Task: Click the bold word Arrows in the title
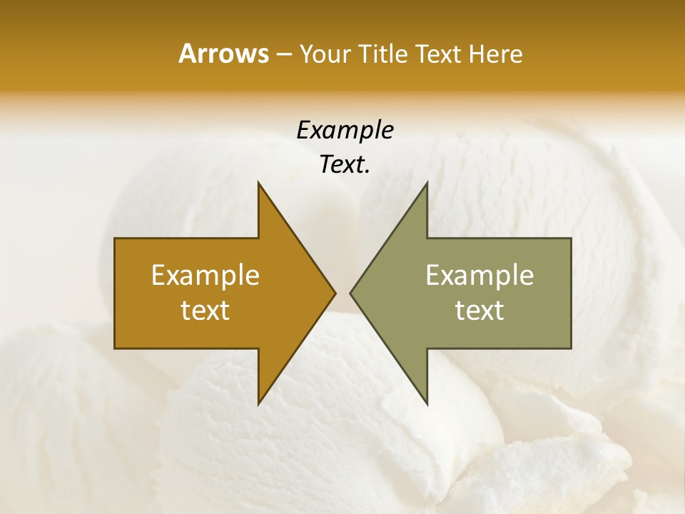tap(223, 54)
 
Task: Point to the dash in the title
tap(283, 55)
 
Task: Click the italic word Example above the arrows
tap(345, 131)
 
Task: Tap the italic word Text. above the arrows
tap(345, 165)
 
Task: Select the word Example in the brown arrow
tap(205, 276)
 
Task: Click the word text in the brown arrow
tap(205, 311)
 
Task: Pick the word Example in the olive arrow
tap(479, 276)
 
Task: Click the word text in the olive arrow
tap(479, 311)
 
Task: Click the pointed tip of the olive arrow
tap(351, 293)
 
